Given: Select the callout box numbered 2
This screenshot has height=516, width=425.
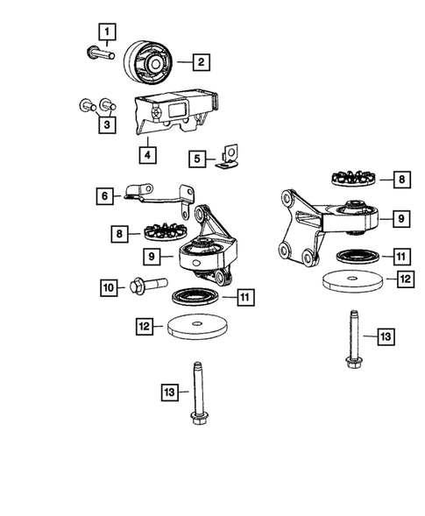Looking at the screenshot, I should [x=201, y=61].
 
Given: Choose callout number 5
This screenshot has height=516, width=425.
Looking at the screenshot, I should [x=198, y=159].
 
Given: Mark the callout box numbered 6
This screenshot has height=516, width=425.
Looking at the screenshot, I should [x=104, y=197].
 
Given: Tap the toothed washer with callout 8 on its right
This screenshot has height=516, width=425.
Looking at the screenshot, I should [x=352, y=178].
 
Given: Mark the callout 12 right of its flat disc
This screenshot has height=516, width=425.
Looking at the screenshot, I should [x=405, y=279].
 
